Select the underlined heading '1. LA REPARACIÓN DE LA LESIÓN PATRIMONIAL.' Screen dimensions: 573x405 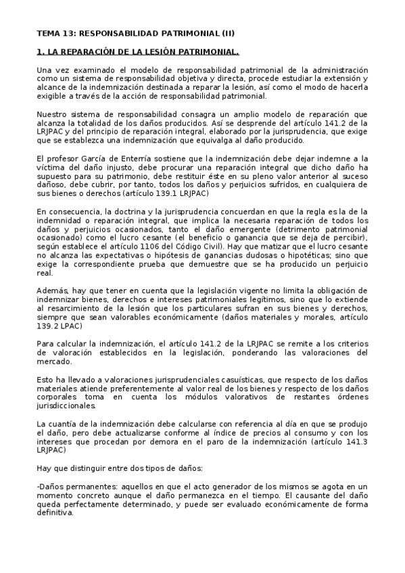(137, 51)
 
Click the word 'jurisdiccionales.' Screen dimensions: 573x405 (68, 405)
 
